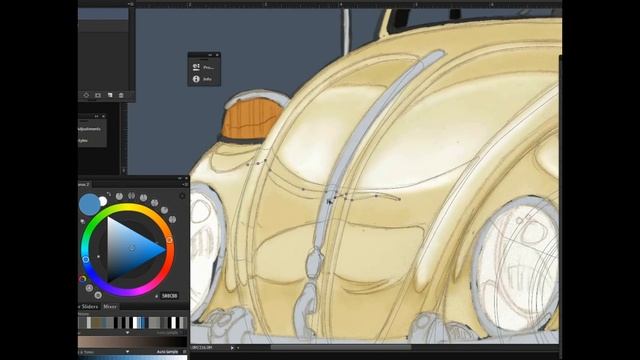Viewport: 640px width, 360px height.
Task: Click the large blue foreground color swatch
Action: pyautogui.click(x=90, y=204)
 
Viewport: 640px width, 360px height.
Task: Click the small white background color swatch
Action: pyautogui.click(x=103, y=201)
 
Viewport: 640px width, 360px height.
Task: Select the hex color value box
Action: pyautogui.click(x=169, y=296)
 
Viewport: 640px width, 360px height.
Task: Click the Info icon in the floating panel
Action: pyautogui.click(x=196, y=78)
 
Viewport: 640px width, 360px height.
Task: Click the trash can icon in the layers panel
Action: pyautogui.click(x=121, y=95)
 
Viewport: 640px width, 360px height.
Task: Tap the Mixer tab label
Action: pyautogui.click(x=110, y=306)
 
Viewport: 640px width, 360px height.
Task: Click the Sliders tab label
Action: pyautogui.click(x=90, y=306)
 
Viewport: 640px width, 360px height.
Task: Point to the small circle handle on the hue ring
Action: pyautogui.click(x=170, y=240)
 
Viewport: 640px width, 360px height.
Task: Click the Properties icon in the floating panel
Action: pyautogui.click(x=196, y=67)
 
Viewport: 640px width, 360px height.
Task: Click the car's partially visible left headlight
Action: pyautogui.click(x=206, y=240)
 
